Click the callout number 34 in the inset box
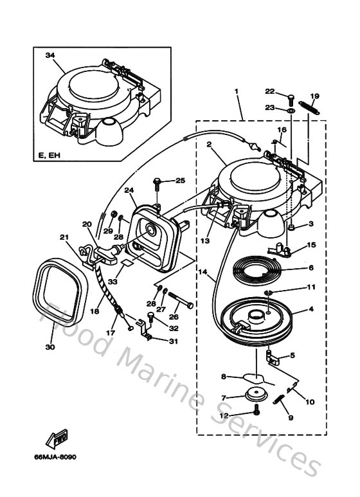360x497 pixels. click(x=50, y=56)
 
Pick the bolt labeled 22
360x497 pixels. click(x=291, y=98)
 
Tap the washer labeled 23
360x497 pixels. click(x=291, y=111)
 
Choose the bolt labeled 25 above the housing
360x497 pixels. click(x=157, y=184)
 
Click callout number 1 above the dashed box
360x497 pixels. click(x=237, y=92)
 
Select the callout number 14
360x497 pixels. click(x=203, y=272)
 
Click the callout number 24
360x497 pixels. click(x=129, y=190)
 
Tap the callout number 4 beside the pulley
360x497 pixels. click(x=311, y=309)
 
